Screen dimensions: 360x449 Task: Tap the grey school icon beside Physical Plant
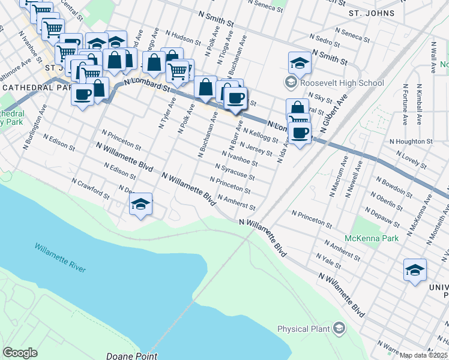point(339,328)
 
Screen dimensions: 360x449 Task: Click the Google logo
point(20,353)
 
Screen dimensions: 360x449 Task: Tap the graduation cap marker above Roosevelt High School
point(299,62)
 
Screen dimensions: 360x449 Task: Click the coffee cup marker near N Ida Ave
point(300,133)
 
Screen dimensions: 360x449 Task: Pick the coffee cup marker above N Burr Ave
point(235,99)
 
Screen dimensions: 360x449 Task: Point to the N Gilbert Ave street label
point(337,118)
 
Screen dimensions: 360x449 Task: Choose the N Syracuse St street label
point(235,172)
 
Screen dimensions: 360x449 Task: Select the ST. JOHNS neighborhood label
point(372,13)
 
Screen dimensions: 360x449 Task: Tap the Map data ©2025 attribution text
point(424,355)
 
